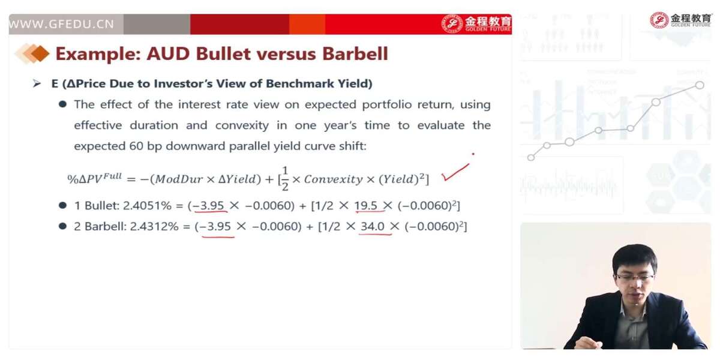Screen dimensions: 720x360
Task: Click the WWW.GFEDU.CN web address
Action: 61,24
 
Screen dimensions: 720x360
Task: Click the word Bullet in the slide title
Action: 223,53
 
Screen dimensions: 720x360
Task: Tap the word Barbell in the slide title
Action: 355,53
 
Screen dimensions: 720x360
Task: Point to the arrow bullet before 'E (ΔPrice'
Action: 37,84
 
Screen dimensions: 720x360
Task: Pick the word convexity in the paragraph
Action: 242,125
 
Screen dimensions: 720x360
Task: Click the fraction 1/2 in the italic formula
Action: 285,178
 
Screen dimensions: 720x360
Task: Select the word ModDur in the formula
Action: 179,179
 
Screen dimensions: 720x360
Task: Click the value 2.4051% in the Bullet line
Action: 147,206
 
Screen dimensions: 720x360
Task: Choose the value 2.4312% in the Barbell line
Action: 154,227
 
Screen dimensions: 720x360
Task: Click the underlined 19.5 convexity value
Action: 366,206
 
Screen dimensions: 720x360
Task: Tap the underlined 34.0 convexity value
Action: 373,227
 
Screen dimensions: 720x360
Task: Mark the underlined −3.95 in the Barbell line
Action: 215,227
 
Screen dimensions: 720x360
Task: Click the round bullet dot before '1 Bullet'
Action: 62,205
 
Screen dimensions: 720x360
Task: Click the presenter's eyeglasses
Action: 634,277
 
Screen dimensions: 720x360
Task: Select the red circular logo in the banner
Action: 452,24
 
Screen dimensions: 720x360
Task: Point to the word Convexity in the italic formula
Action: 334,179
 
